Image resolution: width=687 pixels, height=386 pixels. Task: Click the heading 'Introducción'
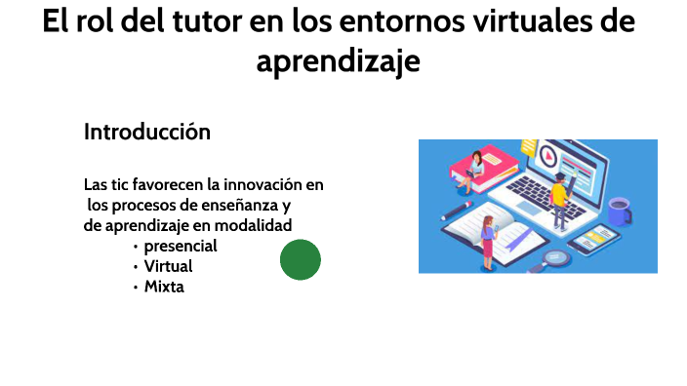point(147,132)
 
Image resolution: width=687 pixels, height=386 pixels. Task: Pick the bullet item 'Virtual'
point(168,266)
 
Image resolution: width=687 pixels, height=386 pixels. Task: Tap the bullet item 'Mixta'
point(164,287)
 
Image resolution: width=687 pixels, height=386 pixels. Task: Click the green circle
point(301,260)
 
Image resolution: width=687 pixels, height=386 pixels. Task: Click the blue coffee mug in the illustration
point(618,210)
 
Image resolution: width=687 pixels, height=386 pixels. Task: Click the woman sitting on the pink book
point(475,166)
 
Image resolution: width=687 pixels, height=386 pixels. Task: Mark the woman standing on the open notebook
point(488,243)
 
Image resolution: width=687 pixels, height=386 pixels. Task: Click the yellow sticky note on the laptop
point(529,147)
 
